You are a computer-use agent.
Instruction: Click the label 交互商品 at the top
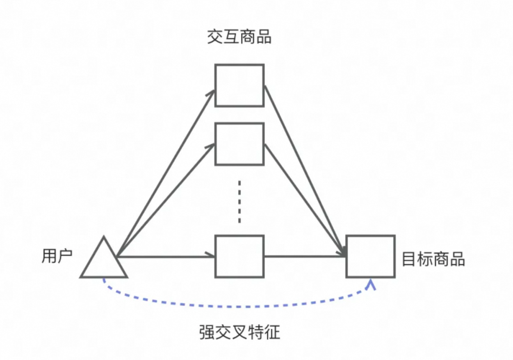[239, 37]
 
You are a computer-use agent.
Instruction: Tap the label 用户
[57, 257]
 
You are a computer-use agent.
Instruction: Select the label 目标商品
[433, 259]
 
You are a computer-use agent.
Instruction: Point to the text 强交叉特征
[239, 332]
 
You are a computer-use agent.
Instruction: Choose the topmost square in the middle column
[239, 85]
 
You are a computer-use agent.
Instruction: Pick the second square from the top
[239, 144]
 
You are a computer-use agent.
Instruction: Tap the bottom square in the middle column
[239, 256]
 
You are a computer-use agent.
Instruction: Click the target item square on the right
[370, 256]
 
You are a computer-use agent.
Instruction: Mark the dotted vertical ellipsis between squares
[239, 202]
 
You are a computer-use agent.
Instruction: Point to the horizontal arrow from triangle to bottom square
[166, 256]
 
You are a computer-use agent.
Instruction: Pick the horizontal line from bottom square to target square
[304, 256]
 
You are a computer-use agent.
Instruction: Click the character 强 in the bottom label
[207, 332]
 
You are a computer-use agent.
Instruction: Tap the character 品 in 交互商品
[263, 37]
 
